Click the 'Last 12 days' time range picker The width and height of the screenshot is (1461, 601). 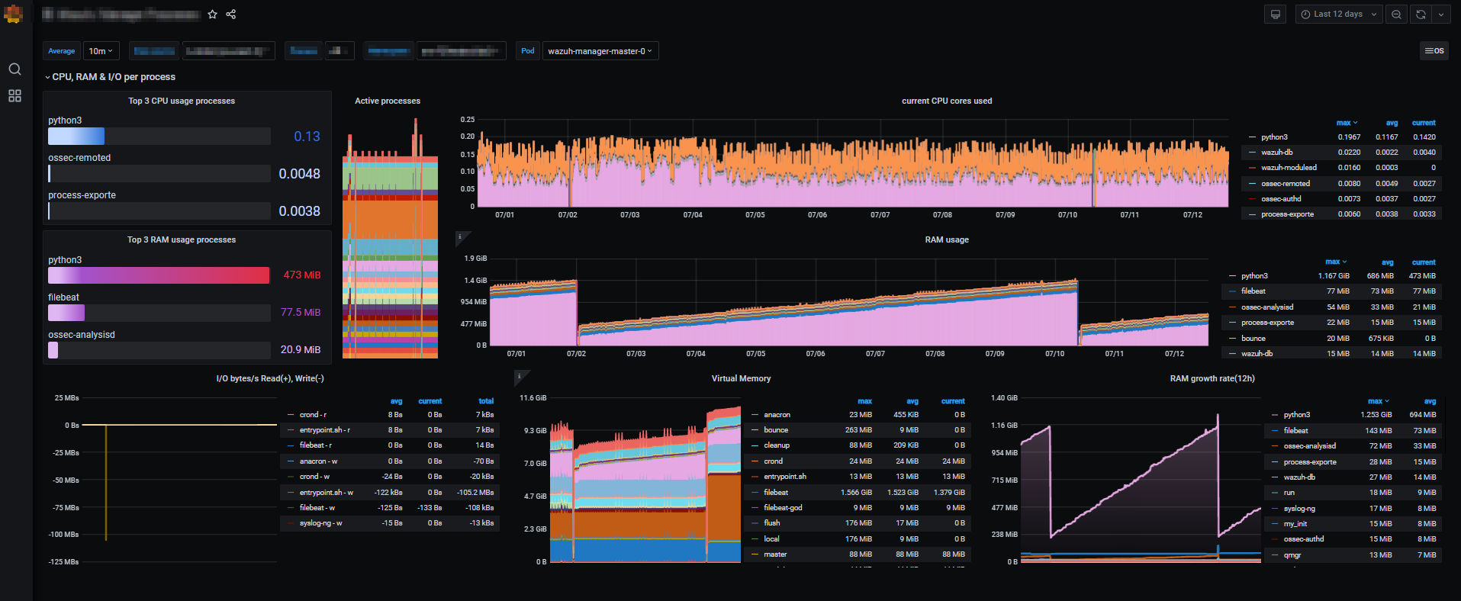[x=1338, y=14]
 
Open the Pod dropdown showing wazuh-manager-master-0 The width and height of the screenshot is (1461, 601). [x=600, y=51]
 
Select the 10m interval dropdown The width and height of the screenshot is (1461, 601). [x=101, y=51]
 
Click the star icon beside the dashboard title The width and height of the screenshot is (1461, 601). [x=213, y=14]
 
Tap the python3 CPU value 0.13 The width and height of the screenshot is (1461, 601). [x=307, y=137]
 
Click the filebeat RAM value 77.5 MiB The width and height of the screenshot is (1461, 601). [x=300, y=313]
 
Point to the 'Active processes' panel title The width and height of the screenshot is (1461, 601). [x=388, y=101]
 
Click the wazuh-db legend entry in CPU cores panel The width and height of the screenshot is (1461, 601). [x=1276, y=153]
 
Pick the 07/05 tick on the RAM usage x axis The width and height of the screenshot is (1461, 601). [x=755, y=354]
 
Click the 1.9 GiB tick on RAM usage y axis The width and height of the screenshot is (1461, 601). [x=475, y=259]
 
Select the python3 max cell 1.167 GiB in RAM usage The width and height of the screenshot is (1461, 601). [x=1334, y=276]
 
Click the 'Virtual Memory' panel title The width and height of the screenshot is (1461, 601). [x=741, y=378]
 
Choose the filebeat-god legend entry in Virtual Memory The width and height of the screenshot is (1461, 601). [x=783, y=508]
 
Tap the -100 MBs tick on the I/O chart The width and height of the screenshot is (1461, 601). [x=65, y=535]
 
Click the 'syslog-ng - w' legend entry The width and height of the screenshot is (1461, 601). [x=320, y=523]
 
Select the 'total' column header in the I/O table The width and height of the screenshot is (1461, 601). [x=486, y=401]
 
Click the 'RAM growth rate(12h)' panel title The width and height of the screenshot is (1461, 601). [x=1212, y=378]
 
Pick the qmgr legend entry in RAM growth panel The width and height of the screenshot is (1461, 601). [x=1292, y=555]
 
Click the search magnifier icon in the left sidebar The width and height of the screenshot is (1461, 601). [x=14, y=69]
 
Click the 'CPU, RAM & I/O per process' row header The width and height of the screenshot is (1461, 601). [x=114, y=77]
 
